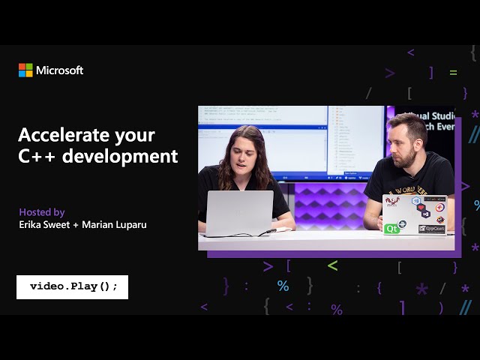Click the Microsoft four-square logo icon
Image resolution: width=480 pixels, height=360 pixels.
[25, 70]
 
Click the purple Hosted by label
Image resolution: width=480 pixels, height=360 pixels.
[42, 212]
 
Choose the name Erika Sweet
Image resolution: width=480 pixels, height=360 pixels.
[49, 224]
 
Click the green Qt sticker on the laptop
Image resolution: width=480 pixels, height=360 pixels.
[391, 228]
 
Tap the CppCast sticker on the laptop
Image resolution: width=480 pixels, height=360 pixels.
[431, 228]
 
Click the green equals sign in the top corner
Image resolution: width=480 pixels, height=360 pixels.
[453, 73]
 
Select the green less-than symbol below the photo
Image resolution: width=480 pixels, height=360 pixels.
[332, 265]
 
